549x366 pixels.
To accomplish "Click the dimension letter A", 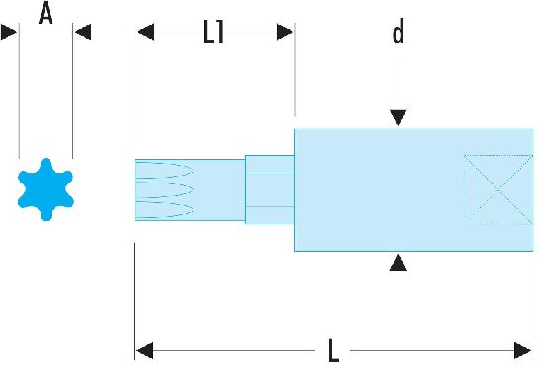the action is point(46,13).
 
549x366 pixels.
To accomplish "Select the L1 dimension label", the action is point(214,32).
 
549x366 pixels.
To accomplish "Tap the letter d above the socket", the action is point(398,31).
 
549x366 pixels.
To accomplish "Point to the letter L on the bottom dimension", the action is point(334,350).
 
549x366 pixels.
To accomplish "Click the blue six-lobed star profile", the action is point(46,189).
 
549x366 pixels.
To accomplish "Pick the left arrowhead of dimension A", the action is point(9,32).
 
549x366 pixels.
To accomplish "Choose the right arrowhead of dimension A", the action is point(83,32).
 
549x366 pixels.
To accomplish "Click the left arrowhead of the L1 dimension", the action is point(146,32).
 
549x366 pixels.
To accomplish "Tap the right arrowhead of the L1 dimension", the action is point(285,32).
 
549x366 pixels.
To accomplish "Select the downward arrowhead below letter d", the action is point(398,117).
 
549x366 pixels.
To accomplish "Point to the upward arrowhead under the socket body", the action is point(398,263).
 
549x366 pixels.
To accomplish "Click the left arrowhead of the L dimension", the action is point(145,350).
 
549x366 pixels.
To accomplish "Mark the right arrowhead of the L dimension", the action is point(522,350).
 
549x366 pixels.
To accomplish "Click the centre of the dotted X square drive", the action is point(498,189).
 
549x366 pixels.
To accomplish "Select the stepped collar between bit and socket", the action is point(270,189).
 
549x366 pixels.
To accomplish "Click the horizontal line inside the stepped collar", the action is point(270,207).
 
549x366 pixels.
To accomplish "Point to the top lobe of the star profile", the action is point(46,165).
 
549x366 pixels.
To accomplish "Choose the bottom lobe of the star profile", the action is point(46,214).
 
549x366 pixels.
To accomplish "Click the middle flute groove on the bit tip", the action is point(165,189).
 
